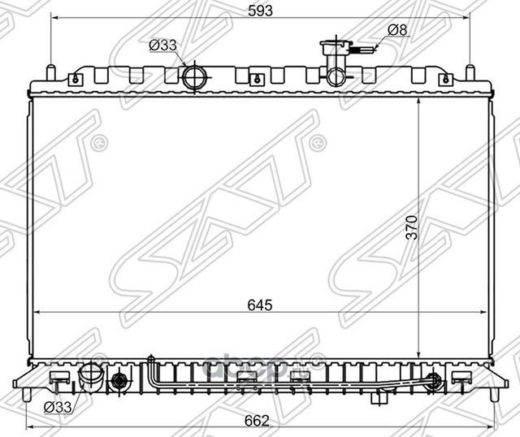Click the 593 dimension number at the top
coord(260,11)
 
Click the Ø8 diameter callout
coord(396,30)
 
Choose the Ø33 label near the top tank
coord(162,45)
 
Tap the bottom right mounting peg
coord(493,394)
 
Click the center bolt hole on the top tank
coord(257,80)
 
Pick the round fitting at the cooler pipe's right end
coord(434,379)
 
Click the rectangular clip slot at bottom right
coord(461,377)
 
